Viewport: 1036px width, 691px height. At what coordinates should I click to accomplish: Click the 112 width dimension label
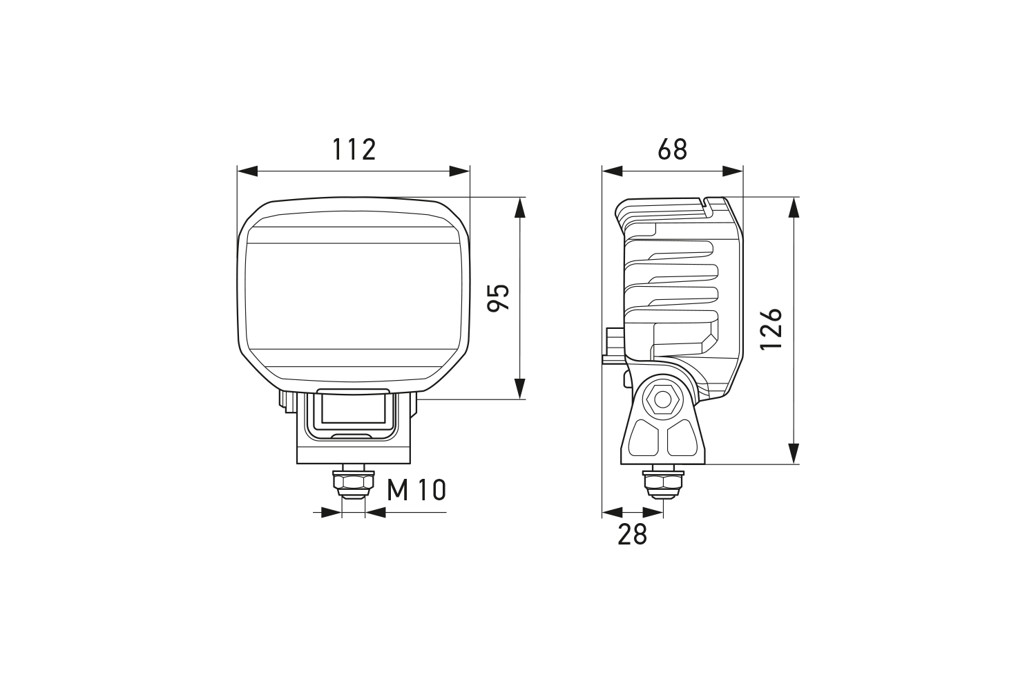[x=354, y=149]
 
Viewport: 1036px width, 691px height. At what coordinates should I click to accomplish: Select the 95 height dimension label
[x=499, y=298]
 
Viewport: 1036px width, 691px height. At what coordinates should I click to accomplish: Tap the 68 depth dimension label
[x=673, y=149]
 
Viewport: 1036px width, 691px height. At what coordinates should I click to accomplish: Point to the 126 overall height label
[x=771, y=329]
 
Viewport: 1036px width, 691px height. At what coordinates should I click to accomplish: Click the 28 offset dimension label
[x=632, y=535]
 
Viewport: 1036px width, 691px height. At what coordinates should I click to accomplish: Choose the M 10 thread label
[x=416, y=490]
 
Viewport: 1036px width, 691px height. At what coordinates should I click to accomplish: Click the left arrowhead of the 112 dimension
[x=247, y=171]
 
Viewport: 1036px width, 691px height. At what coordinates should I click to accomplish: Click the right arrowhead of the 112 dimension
[x=460, y=171]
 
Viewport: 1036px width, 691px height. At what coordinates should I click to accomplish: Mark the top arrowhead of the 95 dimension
[x=520, y=207]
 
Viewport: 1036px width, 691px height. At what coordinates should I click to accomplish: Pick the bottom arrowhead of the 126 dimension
[x=794, y=453]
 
